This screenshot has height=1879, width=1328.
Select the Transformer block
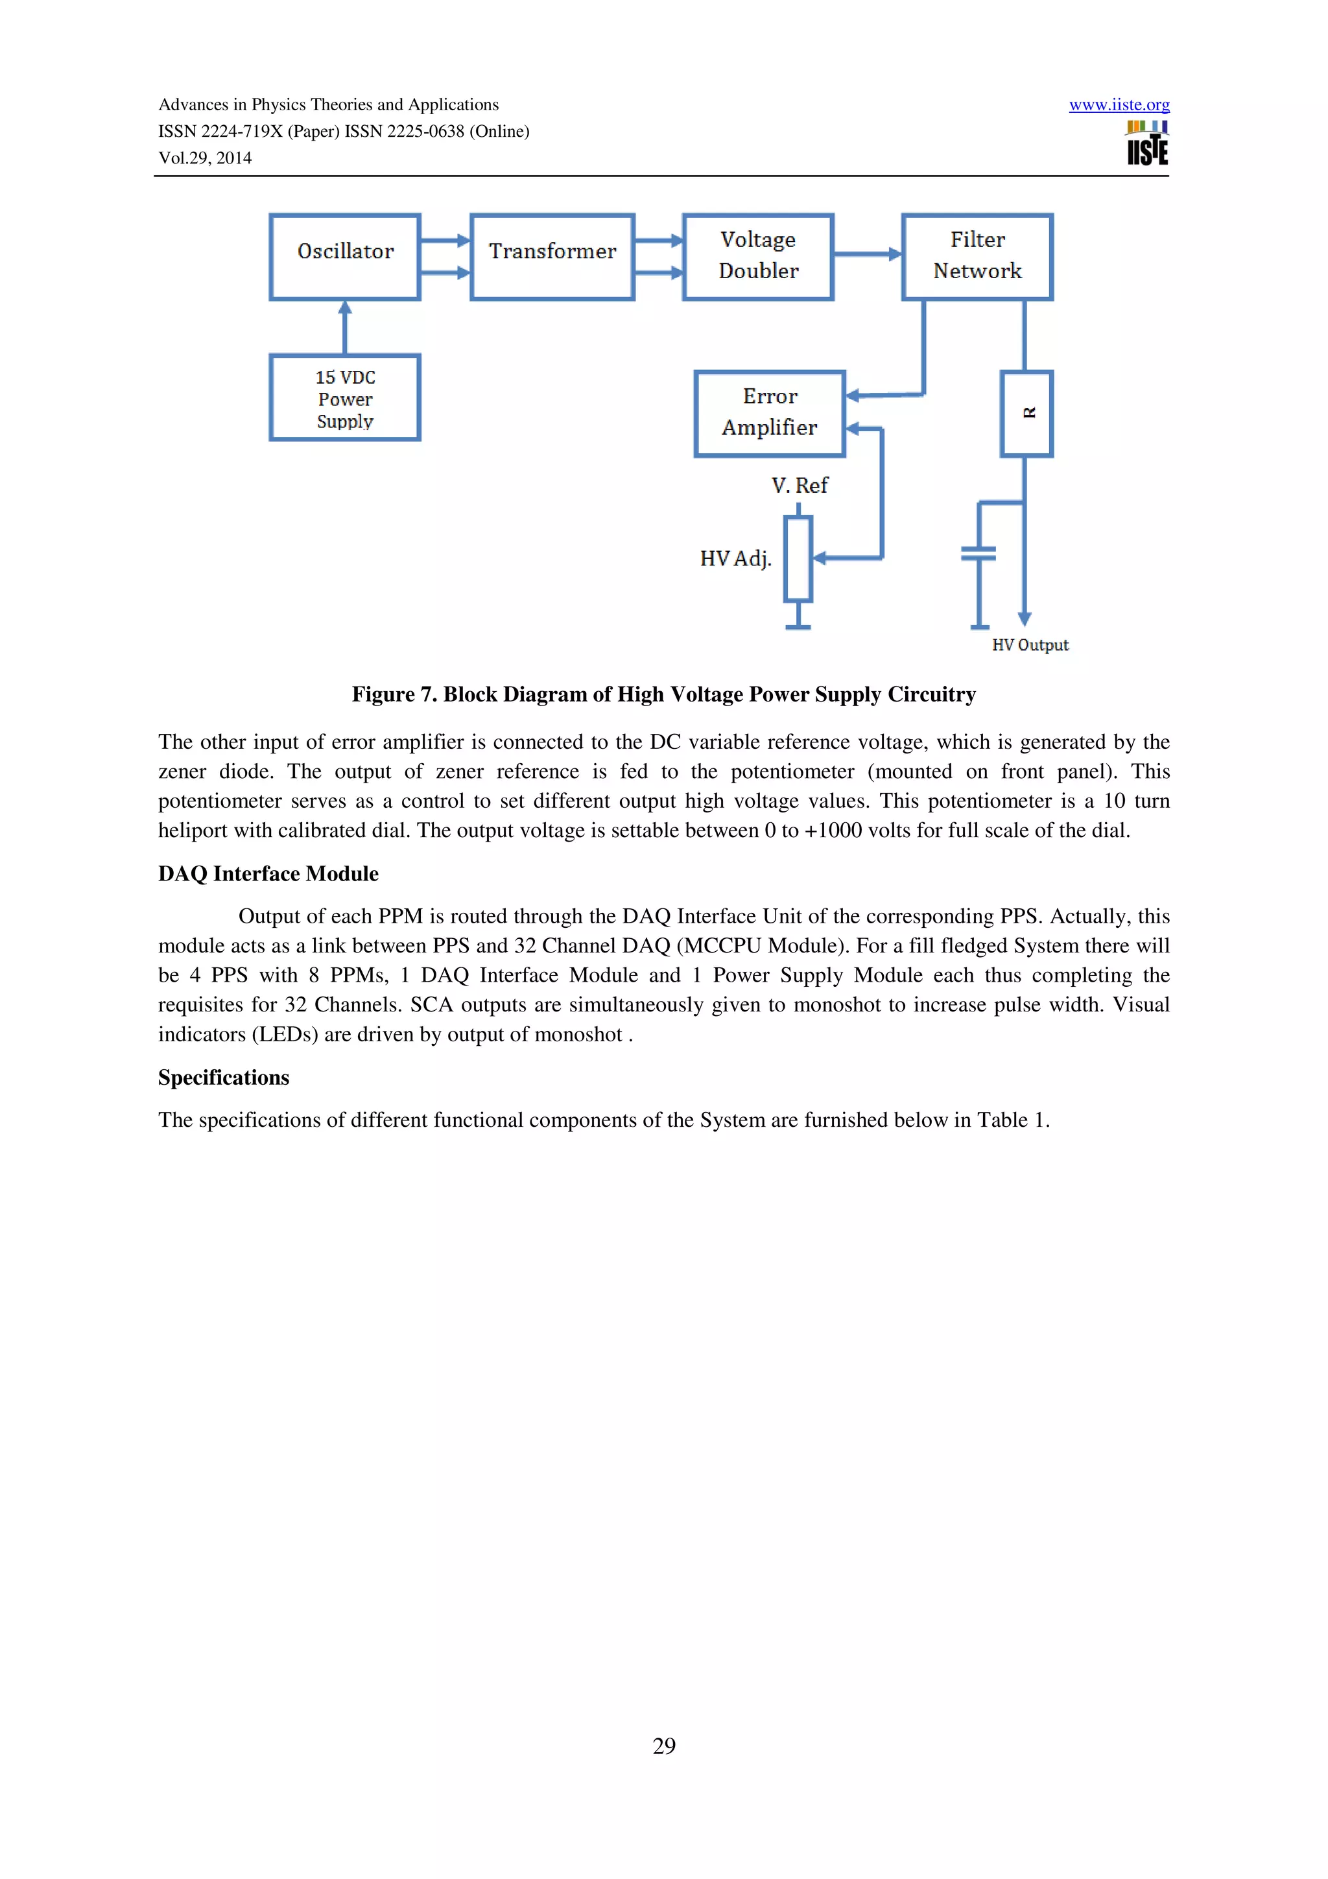click(x=552, y=257)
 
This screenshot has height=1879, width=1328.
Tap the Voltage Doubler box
click(x=757, y=257)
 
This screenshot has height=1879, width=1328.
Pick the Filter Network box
click(x=977, y=257)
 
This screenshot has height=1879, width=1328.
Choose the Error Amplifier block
click(x=769, y=413)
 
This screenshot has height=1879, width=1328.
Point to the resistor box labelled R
click(x=1026, y=413)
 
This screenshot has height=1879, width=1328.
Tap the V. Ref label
click(x=800, y=485)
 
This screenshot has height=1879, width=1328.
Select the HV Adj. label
click(x=735, y=558)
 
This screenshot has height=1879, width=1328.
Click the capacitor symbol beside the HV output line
click(x=978, y=554)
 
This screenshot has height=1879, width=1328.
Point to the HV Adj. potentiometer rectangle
click(x=798, y=559)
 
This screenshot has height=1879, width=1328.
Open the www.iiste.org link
click(x=1119, y=105)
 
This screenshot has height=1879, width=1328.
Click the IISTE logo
click(x=1147, y=143)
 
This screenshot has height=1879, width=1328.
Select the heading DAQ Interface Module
click(x=268, y=874)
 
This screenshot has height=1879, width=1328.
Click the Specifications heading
click(x=223, y=1078)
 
